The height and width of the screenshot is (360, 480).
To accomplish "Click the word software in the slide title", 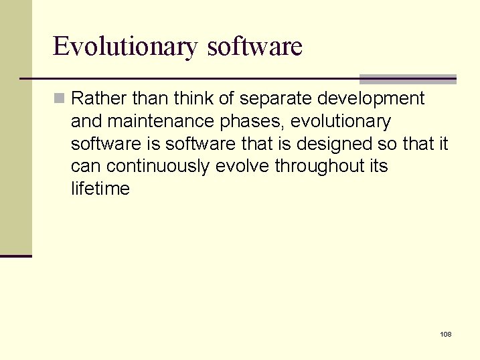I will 255,47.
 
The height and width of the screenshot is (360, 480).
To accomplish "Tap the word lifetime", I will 100,189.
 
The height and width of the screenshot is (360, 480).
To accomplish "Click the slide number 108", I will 446,334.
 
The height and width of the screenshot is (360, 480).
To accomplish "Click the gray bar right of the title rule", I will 408,78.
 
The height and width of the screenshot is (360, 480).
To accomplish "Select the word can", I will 86,166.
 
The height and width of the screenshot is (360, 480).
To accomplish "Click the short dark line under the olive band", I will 16,256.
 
